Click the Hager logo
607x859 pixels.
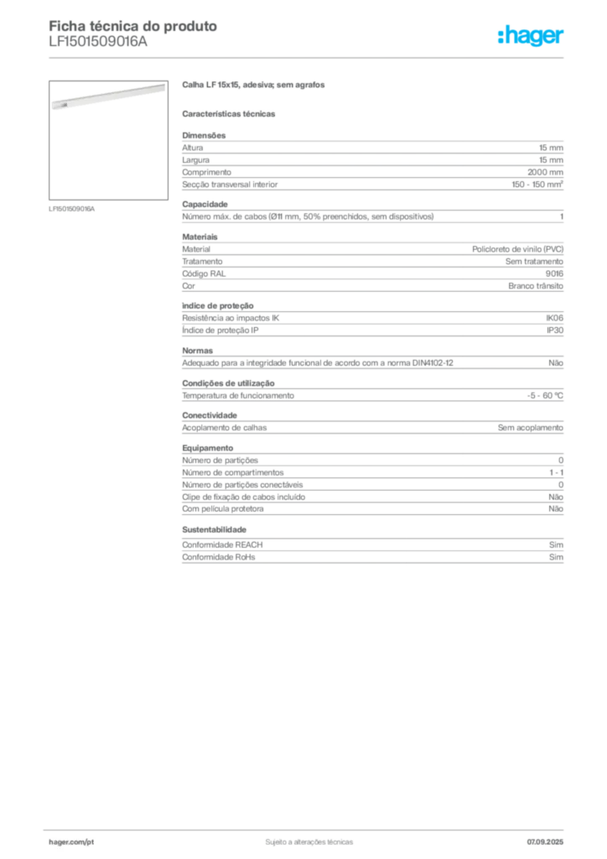pos(531,35)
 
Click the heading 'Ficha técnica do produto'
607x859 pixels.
pos(133,26)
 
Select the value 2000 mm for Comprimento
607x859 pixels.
pos(545,172)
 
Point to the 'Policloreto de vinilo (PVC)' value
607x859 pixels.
pos(518,249)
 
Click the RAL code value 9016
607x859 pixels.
pos(554,273)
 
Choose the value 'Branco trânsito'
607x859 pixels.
pos(535,286)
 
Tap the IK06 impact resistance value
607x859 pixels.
pos(554,318)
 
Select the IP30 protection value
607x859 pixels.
pos(555,331)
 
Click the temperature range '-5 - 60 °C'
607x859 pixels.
pos(545,396)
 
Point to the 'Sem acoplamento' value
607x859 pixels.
pos(531,427)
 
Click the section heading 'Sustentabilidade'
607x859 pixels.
pos(214,530)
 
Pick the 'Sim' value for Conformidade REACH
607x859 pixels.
pos(556,544)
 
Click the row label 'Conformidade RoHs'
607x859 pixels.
pos(218,557)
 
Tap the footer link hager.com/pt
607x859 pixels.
pos(71,842)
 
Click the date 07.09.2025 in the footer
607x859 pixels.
pos(545,842)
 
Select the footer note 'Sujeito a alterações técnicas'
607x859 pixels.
pos(309,842)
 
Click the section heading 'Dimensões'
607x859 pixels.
pos(204,135)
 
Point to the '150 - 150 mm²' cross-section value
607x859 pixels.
pos(537,185)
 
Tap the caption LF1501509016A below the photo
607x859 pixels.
pos(72,209)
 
